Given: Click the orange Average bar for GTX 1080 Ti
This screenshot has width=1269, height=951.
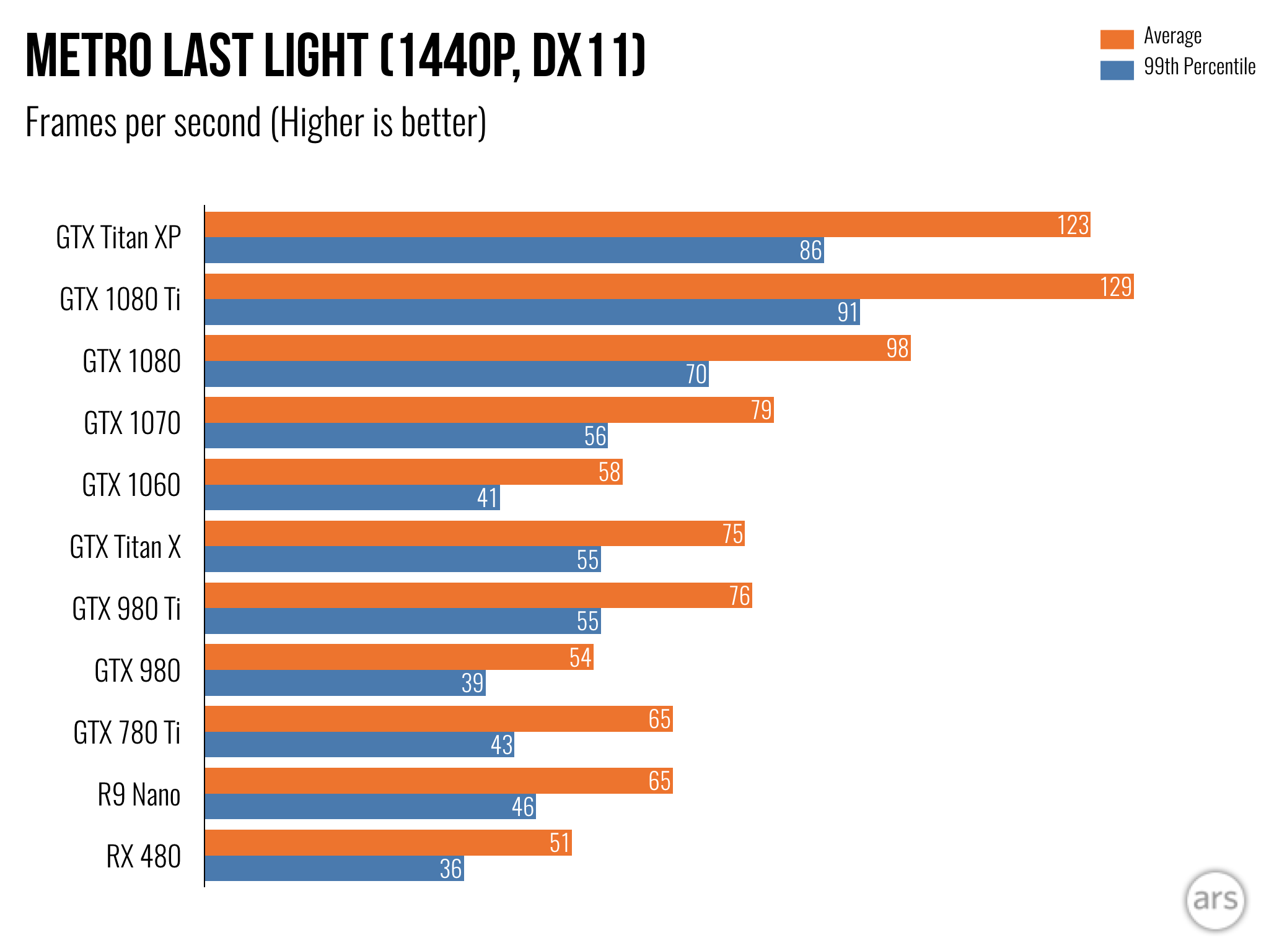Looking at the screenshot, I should [669, 287].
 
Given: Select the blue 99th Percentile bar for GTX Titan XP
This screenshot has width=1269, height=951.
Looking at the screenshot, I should [514, 250].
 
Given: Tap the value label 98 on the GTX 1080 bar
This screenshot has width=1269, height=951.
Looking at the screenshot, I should [897, 349].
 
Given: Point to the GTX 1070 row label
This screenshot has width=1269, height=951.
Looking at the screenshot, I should [132, 423].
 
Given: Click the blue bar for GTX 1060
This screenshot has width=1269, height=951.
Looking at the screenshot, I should [352, 498].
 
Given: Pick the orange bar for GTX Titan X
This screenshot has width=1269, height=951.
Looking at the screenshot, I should [475, 534].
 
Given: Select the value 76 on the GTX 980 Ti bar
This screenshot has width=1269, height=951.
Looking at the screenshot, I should [740, 596].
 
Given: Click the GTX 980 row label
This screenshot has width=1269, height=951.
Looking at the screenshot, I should [137, 671].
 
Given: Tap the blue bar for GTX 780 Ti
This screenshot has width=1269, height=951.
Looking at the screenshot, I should [359, 745].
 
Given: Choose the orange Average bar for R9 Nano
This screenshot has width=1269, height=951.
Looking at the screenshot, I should [439, 781].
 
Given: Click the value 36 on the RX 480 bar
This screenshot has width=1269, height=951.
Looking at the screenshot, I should [450, 869].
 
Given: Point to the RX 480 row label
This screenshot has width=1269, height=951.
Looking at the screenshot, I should [143, 857].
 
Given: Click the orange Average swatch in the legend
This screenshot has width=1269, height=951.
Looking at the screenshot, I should [1117, 38].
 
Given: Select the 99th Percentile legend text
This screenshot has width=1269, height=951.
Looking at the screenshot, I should [1199, 67].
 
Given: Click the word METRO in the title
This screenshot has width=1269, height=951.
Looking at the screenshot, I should [89, 56].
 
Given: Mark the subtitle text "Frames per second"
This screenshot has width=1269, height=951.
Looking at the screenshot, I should [143, 123].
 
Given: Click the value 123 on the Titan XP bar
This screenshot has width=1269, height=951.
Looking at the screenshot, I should [1073, 225].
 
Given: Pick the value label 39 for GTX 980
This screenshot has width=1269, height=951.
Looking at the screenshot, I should [472, 683].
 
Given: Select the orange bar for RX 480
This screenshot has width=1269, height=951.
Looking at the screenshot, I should [388, 843].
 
